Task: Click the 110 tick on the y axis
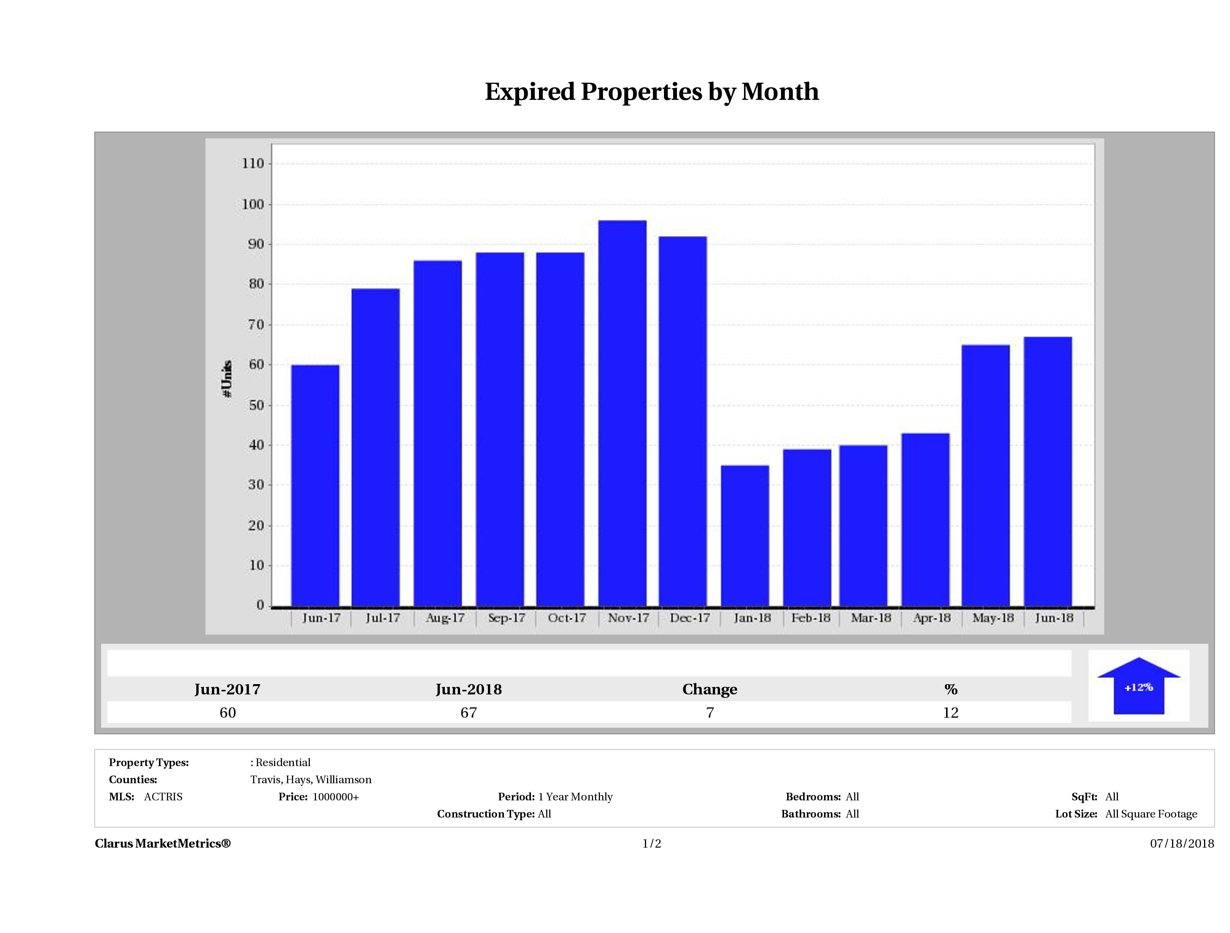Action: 252,164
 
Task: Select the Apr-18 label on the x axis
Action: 932,618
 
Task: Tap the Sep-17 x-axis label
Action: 506,618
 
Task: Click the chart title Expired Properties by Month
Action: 652,92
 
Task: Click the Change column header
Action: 710,689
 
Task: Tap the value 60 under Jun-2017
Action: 228,712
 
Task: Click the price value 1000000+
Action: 335,797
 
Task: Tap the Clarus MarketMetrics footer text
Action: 162,843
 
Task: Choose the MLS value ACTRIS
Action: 163,797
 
